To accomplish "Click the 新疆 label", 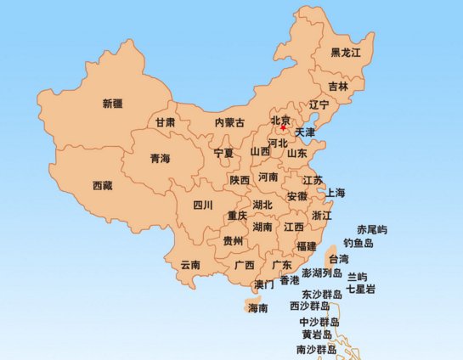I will (x=112, y=104).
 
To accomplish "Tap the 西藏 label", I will (x=104, y=185).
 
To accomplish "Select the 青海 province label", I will (x=160, y=159).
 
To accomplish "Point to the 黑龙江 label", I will (x=346, y=53).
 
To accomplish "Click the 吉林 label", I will (x=338, y=87).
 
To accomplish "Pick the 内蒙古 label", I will (x=229, y=123).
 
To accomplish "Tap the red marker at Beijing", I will (x=283, y=128).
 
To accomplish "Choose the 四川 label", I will (x=202, y=205).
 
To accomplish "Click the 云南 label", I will (x=190, y=265).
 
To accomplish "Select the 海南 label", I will (x=257, y=308).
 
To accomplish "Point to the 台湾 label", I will (x=338, y=259).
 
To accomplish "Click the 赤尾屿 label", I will (x=371, y=230).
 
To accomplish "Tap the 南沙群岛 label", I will (x=316, y=350).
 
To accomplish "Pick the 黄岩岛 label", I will (x=318, y=335).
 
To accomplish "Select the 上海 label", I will (x=335, y=194).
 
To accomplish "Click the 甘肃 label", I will (x=165, y=123).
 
